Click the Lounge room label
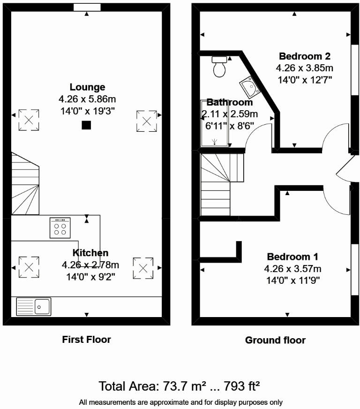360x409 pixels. tap(87, 87)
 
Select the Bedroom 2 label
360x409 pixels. tap(304, 56)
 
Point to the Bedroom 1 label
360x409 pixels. tap(292, 257)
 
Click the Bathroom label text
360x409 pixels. tap(230, 102)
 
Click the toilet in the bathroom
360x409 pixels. tap(219, 67)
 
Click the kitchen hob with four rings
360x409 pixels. tap(60, 227)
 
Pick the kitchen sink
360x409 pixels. tap(34, 306)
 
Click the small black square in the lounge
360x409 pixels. tap(86, 125)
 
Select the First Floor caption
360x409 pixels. tap(86, 340)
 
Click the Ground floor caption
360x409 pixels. tap(275, 340)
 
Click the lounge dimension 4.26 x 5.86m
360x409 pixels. tap(87, 99)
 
